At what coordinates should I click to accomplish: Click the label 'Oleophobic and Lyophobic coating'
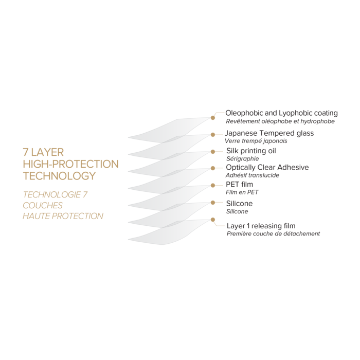[x=281, y=113]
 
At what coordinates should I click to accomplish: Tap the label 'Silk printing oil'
[x=250, y=151]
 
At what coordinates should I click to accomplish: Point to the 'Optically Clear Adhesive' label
[x=267, y=168]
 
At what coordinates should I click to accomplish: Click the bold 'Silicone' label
[x=239, y=204]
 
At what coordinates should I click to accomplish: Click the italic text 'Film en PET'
[x=242, y=192]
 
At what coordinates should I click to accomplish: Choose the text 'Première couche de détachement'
[x=273, y=233]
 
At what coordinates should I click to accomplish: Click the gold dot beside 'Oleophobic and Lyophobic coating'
[x=212, y=118]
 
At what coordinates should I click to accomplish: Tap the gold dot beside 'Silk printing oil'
[x=212, y=151]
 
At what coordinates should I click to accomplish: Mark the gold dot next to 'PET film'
[x=212, y=185]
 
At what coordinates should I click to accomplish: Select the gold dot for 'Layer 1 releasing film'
[x=212, y=220]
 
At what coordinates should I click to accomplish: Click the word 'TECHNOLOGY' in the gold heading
[x=59, y=176]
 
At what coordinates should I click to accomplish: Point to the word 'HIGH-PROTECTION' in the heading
[x=70, y=164]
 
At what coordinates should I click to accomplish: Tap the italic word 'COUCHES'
[x=43, y=205]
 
